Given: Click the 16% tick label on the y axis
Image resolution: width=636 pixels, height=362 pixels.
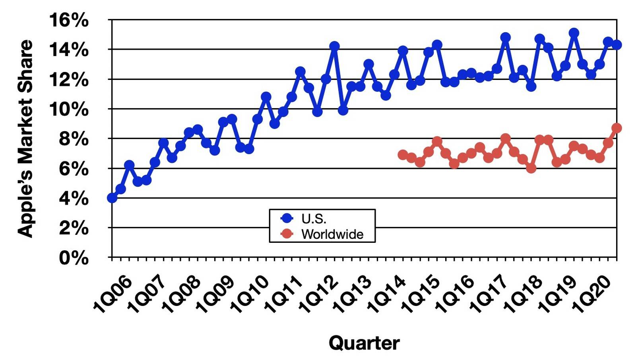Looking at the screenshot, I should click(x=68, y=20).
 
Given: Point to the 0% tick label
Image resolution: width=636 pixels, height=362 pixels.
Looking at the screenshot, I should click(x=74, y=258).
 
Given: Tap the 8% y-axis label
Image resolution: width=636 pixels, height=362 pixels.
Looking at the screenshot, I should click(x=74, y=139).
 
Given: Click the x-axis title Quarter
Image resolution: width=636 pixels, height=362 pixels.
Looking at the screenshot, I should click(x=364, y=343).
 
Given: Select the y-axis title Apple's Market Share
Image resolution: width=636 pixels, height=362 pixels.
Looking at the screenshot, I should click(x=25, y=139).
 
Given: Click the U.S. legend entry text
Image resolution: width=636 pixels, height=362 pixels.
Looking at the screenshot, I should click(x=314, y=219).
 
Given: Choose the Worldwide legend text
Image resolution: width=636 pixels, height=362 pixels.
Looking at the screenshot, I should click(x=332, y=234).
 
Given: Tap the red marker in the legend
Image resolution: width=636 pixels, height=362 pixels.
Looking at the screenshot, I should click(x=287, y=234).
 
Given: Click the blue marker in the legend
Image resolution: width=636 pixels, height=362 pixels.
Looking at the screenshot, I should click(x=287, y=218).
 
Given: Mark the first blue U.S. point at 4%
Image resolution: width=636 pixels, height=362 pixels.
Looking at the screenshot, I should click(x=112, y=197).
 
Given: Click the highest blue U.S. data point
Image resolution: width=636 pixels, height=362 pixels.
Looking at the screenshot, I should click(x=574, y=33).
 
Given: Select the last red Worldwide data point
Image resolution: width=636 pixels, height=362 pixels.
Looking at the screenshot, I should click(x=617, y=128).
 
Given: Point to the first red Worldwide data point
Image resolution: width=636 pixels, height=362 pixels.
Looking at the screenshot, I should click(x=403, y=155).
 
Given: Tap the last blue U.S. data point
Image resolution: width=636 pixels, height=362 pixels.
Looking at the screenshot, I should click(x=617, y=45).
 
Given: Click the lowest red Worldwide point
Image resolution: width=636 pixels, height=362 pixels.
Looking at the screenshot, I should click(x=531, y=168).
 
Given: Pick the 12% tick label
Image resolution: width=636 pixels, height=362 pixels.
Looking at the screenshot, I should click(x=68, y=79).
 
